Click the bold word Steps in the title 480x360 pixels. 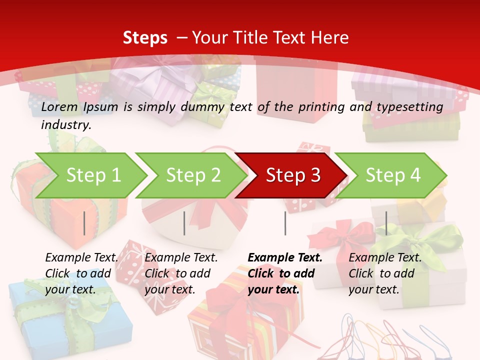(x=145, y=38)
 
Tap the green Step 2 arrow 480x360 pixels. (x=191, y=175)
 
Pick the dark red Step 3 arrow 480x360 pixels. (x=291, y=175)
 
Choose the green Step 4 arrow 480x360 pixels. (x=391, y=175)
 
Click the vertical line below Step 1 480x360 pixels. (x=84, y=223)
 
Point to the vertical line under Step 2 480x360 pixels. (x=184, y=223)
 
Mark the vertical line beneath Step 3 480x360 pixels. (x=285, y=223)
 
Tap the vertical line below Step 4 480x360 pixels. (x=386, y=223)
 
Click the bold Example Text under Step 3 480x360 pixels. (x=285, y=258)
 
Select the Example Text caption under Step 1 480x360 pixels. (x=81, y=258)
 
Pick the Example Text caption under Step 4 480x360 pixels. (x=385, y=258)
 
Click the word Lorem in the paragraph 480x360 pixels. (x=59, y=106)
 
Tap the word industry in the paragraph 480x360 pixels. (x=65, y=125)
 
